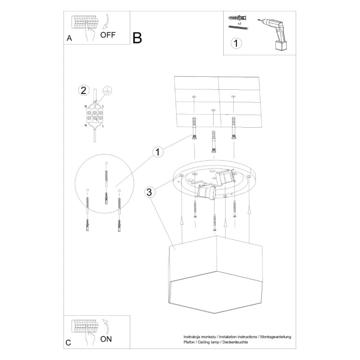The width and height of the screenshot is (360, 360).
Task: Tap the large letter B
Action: (x=137, y=38)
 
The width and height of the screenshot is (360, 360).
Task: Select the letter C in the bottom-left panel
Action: (x=69, y=342)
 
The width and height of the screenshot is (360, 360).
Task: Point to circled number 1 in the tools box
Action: (x=236, y=43)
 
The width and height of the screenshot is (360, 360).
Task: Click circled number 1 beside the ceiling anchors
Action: (x=158, y=153)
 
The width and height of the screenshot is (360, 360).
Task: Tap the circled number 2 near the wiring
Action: (x=84, y=90)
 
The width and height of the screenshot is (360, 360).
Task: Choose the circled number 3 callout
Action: (x=150, y=192)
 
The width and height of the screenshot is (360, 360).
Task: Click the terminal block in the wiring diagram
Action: (x=96, y=115)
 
